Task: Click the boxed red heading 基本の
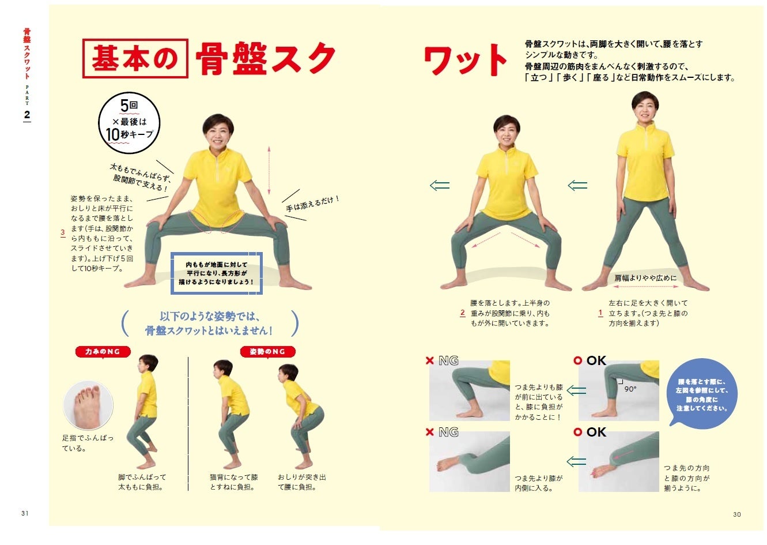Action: (135, 58)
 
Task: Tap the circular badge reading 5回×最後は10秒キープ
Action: (129, 123)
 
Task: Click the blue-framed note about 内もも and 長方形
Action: (217, 273)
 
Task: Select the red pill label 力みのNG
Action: (103, 352)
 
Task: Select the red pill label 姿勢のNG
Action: (268, 351)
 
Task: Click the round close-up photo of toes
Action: (88, 405)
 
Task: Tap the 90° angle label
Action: (630, 389)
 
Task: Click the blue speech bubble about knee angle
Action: (702, 393)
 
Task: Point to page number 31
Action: (25, 513)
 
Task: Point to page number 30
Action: (737, 514)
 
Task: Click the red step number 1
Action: (600, 313)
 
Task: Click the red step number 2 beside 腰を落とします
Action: (463, 313)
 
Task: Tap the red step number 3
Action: (63, 233)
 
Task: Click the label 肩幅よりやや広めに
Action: (645, 278)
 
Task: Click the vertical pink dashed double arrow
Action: (269, 170)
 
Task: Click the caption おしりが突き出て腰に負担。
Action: (301, 482)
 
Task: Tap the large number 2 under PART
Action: (27, 115)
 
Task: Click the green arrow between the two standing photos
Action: (577, 186)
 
